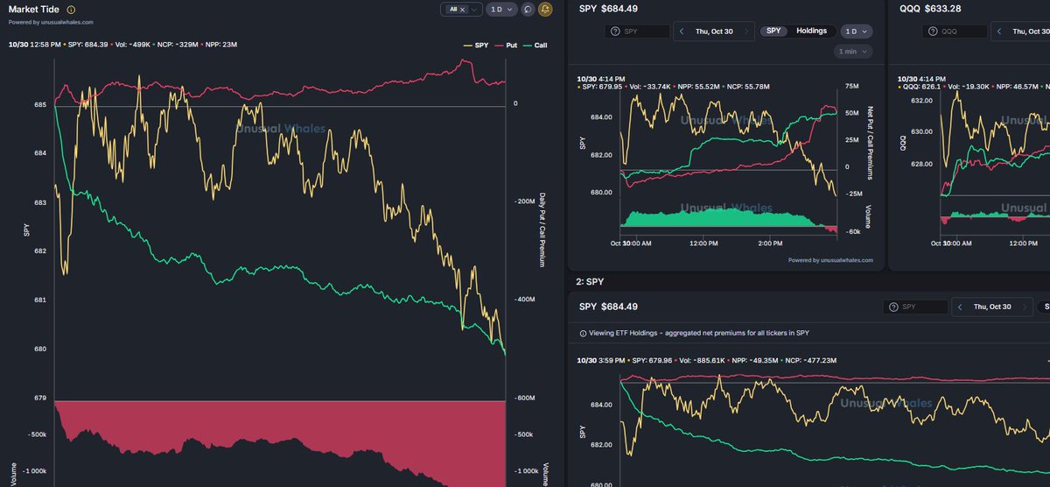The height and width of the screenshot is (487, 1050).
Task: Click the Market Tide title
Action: [x=34, y=9]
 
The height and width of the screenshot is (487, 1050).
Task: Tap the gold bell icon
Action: [x=546, y=9]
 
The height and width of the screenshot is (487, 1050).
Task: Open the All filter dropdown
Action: [x=461, y=9]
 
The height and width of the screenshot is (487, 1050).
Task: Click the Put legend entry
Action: [x=505, y=44]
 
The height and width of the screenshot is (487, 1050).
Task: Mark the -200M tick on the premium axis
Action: [x=526, y=201]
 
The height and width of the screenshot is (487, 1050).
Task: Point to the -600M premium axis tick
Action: [x=526, y=399]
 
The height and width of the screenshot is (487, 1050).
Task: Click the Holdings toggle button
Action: [x=811, y=31]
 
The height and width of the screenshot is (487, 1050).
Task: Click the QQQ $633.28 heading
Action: [x=930, y=9]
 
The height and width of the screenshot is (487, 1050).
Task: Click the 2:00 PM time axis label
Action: [x=772, y=243]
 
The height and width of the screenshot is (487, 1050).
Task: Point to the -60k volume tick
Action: [x=853, y=232]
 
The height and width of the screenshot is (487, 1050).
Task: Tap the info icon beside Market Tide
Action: [x=71, y=9]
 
